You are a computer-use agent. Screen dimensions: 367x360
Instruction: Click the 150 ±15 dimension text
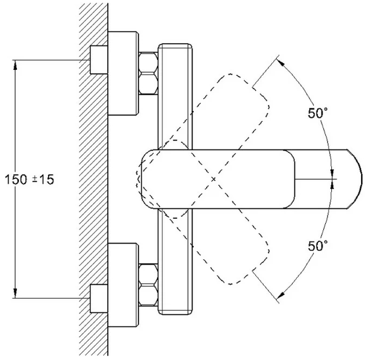tap(29, 180)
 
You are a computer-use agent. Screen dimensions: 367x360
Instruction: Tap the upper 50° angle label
tap(318, 113)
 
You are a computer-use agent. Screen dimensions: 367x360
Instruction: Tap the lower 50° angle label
tap(318, 246)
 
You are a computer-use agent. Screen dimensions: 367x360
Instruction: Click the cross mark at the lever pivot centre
tap(213, 179)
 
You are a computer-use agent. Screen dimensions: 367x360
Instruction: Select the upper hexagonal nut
tap(148, 73)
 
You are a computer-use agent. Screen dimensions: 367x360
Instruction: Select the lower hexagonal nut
tap(148, 285)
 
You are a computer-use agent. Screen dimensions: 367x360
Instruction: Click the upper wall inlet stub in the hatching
tap(99, 60)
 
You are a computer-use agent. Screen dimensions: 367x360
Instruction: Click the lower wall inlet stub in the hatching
tap(99, 298)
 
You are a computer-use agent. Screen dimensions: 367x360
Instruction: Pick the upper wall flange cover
tap(123, 73)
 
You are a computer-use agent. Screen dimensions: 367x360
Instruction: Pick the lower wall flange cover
tap(123, 285)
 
